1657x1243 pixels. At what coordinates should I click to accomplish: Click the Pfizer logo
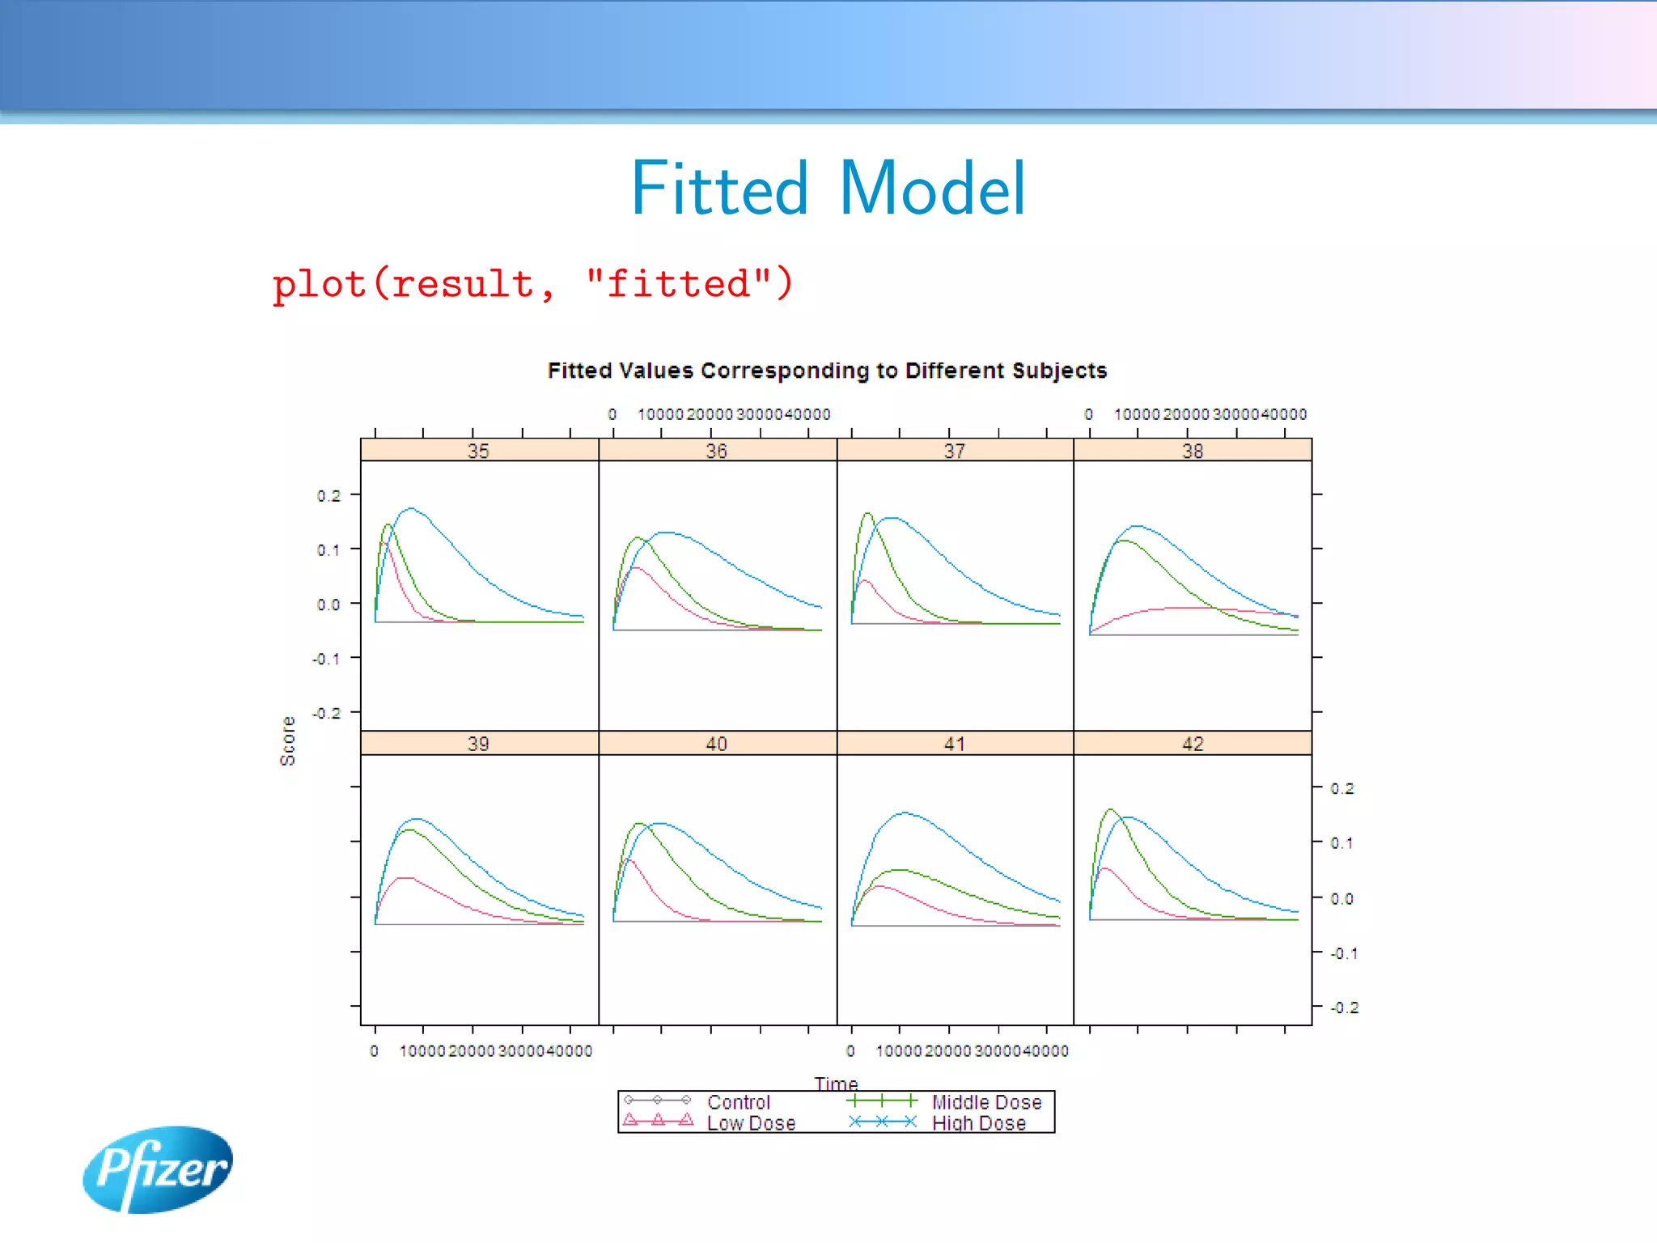pos(158,1169)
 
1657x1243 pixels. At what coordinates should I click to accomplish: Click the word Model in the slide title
pos(932,189)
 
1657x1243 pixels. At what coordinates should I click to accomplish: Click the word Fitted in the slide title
pos(718,189)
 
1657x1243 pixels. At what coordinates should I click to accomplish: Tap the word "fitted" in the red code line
pos(678,284)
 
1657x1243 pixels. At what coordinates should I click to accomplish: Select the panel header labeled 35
pos(478,451)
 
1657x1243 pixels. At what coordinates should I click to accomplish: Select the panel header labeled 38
pos(1193,451)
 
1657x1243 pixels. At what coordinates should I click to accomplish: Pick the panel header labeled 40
pos(716,744)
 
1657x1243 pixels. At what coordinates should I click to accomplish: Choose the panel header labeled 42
pos(1193,744)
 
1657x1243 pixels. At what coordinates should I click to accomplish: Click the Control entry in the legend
pos(738,1102)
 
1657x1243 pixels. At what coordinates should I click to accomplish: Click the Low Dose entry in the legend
pos(750,1123)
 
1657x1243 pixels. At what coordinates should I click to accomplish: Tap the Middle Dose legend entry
pos(985,1102)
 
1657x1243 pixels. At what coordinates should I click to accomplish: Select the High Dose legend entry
pos(978,1123)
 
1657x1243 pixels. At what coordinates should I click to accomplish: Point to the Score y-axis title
pos(287,740)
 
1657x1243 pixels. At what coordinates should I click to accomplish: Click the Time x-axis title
pos(836,1083)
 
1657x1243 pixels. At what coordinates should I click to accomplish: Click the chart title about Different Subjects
pos(827,371)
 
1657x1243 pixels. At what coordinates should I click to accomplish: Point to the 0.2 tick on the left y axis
pos(328,495)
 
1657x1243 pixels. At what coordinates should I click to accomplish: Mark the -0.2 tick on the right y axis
pos(1344,1008)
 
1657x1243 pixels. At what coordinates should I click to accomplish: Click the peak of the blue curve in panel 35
pos(411,508)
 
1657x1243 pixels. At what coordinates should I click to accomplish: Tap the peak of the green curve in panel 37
pos(867,513)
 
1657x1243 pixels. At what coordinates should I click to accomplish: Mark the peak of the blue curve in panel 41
pos(903,812)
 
